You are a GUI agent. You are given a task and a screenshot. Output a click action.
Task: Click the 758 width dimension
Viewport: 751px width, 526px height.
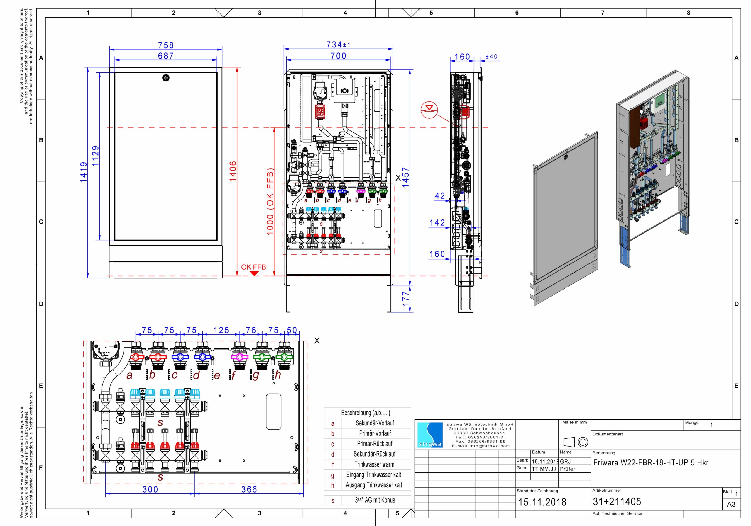[x=166, y=45]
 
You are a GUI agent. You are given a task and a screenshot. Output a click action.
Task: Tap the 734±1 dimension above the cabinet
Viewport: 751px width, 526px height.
[x=338, y=45]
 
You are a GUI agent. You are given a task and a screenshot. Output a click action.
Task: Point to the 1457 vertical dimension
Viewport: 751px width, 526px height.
[x=406, y=177]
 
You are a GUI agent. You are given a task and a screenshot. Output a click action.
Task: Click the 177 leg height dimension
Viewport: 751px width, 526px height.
[x=406, y=299]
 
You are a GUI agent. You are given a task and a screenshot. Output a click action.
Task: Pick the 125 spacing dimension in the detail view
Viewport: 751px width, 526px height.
[x=221, y=330]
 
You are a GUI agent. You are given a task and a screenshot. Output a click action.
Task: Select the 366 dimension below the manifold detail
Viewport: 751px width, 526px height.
[x=249, y=489]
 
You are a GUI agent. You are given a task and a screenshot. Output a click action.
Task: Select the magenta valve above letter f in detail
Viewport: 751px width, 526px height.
[x=240, y=357]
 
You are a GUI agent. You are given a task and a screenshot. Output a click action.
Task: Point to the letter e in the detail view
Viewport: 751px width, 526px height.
[x=217, y=376]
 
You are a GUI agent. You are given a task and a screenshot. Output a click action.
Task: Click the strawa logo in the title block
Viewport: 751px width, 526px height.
[x=430, y=435]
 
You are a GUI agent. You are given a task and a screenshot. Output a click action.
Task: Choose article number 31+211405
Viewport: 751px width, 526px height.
[x=617, y=501]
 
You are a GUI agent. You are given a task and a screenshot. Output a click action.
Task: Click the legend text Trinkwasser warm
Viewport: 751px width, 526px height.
[x=374, y=464]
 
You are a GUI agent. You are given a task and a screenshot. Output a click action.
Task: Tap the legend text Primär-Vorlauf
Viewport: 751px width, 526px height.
[x=374, y=433]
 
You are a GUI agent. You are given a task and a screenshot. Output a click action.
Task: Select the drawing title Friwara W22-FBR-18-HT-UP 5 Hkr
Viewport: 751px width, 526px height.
[x=651, y=463]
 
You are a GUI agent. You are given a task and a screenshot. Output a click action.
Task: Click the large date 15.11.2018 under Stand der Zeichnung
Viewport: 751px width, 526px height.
[x=542, y=502]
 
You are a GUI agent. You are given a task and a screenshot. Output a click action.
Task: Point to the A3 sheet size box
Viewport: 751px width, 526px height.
[x=731, y=504]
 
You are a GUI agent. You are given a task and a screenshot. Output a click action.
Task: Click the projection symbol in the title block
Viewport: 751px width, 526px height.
[x=575, y=442]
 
